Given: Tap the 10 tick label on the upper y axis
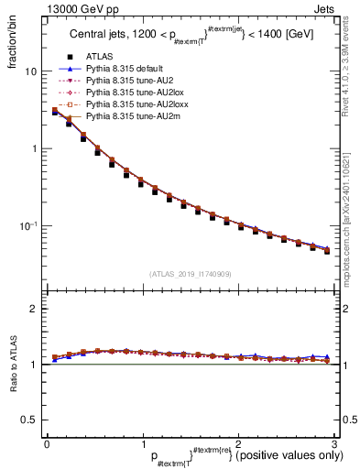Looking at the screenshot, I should pyautogui.click(x=30, y=71).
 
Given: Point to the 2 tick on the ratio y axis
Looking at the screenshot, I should pyautogui.click(x=34, y=309).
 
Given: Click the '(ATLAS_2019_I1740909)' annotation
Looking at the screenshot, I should pyautogui.click(x=190, y=273).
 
